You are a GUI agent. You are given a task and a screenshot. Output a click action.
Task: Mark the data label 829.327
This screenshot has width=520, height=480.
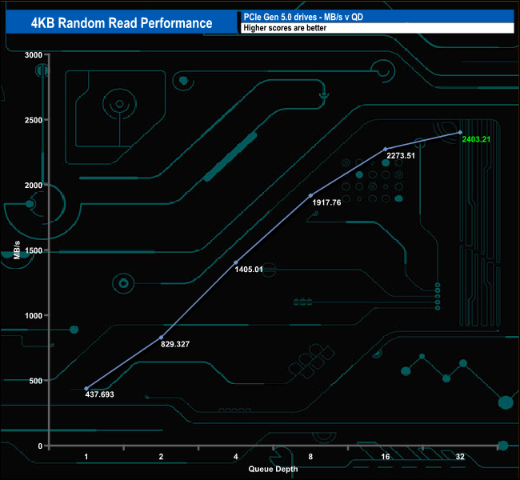coord(175,344)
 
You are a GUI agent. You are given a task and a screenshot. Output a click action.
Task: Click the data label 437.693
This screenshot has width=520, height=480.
coord(101,394)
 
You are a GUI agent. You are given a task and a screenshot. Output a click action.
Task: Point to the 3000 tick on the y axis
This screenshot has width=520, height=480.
coord(32,54)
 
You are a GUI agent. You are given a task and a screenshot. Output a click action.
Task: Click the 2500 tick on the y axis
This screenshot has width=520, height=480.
coord(32,120)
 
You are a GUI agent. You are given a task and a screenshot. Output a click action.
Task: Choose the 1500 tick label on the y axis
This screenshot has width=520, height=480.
coord(32,250)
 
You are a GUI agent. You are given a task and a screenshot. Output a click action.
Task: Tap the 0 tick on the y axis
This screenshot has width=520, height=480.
coord(38,446)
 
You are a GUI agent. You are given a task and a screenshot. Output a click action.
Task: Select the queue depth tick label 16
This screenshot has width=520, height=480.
coord(386,456)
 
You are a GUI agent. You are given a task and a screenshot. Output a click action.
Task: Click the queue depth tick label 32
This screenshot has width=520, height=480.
coord(460,456)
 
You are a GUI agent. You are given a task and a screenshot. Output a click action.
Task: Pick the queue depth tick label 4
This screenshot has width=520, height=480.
coord(236,456)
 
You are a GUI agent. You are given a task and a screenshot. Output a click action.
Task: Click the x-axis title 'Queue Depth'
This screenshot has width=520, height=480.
coord(273,469)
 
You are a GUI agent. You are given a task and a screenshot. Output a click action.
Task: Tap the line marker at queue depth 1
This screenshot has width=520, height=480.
coord(86,389)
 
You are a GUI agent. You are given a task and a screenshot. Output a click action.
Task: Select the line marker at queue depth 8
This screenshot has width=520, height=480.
coord(310,195)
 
